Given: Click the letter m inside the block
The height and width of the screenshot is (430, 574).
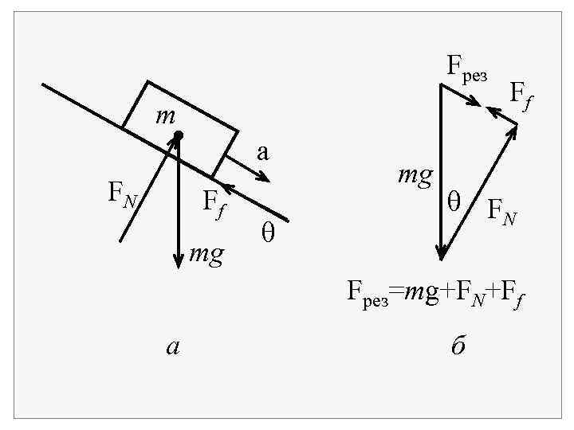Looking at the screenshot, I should pyautogui.click(x=165, y=116).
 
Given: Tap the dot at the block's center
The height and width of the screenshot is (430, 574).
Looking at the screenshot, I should pyautogui.click(x=179, y=135).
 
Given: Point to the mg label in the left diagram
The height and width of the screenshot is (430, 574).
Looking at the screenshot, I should pyautogui.click(x=206, y=256).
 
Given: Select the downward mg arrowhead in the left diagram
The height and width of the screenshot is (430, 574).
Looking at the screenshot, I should pyautogui.click(x=179, y=263).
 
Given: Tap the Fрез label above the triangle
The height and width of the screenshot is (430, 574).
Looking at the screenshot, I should pyautogui.click(x=466, y=67).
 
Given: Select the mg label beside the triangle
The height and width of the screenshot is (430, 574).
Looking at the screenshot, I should pyautogui.click(x=415, y=174).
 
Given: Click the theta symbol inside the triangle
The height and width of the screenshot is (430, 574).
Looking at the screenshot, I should pyautogui.click(x=454, y=201).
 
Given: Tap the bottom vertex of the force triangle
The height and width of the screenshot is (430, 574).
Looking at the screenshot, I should pyautogui.click(x=441, y=257).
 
